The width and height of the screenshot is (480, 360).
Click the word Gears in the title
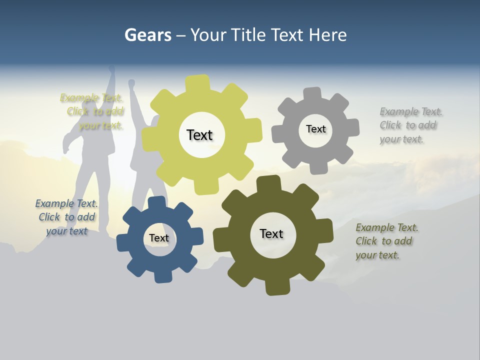coord(147,35)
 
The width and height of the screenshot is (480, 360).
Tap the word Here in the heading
coord(327,35)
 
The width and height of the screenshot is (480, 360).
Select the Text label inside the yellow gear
coord(199,135)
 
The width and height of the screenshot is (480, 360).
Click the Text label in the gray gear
coord(315,129)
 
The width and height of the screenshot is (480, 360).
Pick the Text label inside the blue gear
coord(158,238)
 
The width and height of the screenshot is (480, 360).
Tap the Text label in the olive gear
coord(271,233)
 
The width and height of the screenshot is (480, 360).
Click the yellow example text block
coord(92,111)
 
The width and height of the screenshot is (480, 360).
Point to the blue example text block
coord(66,217)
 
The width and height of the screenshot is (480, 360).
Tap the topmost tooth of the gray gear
coord(312,94)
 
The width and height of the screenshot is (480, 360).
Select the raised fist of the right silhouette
coord(131,83)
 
